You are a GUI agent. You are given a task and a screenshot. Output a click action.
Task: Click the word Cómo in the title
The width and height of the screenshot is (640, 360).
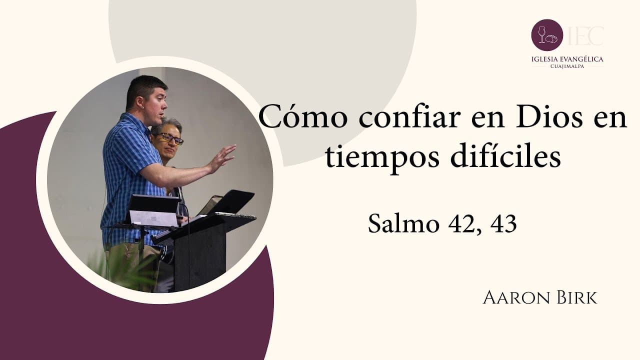coord(303,116)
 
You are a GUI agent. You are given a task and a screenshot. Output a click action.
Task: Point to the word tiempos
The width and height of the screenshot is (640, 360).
coord(382,158)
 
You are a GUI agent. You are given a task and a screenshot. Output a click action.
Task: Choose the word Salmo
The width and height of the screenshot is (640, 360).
coord(403,223)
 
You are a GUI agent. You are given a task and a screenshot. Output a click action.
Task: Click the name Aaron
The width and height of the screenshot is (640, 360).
coord(516,297)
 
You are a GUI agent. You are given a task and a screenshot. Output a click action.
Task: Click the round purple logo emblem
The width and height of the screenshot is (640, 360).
coord(547,35)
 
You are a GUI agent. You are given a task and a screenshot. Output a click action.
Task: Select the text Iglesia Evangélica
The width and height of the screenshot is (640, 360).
coord(567,59)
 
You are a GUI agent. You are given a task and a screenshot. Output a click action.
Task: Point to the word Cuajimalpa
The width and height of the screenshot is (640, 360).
coord(567,66)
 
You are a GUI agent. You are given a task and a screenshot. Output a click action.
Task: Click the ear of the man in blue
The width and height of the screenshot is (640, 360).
coord(139,103)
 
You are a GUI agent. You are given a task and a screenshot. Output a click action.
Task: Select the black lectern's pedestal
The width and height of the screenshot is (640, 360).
coord(199,257)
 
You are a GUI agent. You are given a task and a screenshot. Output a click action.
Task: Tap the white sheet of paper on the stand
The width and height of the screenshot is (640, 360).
coord(153,218)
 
